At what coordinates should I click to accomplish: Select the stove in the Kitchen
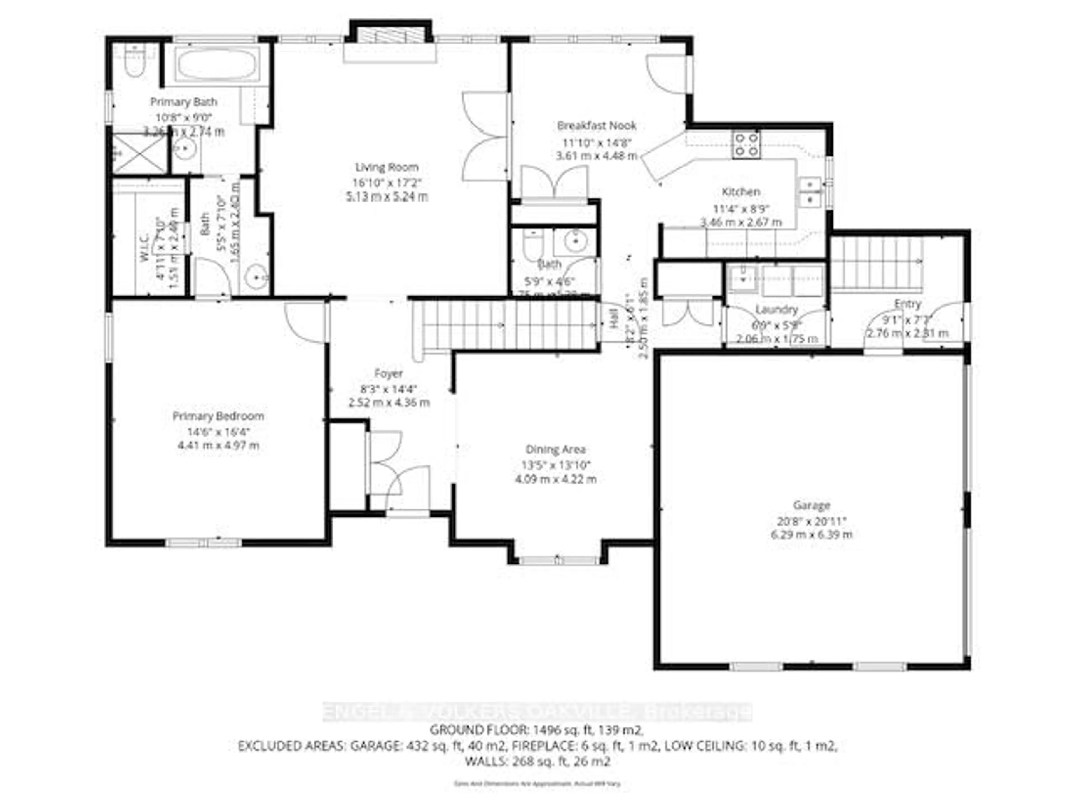746,145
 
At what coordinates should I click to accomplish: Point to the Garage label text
811,506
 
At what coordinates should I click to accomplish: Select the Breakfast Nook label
597,126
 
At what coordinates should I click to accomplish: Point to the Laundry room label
777,310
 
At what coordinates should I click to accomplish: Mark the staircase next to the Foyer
505,325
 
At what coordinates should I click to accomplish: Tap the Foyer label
388,374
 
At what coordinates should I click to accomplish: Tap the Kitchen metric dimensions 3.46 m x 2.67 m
741,222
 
